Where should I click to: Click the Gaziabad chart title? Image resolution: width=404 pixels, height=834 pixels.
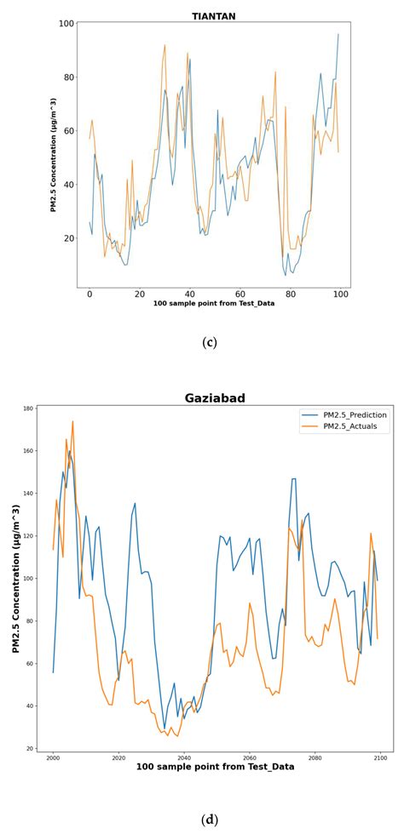(215, 397)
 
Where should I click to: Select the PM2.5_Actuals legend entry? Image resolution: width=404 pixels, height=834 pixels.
(346, 427)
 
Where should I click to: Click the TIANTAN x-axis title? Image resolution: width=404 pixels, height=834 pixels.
(214, 304)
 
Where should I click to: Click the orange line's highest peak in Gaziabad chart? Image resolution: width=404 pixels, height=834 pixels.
(72, 421)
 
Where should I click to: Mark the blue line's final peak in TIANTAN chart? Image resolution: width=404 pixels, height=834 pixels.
(338, 34)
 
